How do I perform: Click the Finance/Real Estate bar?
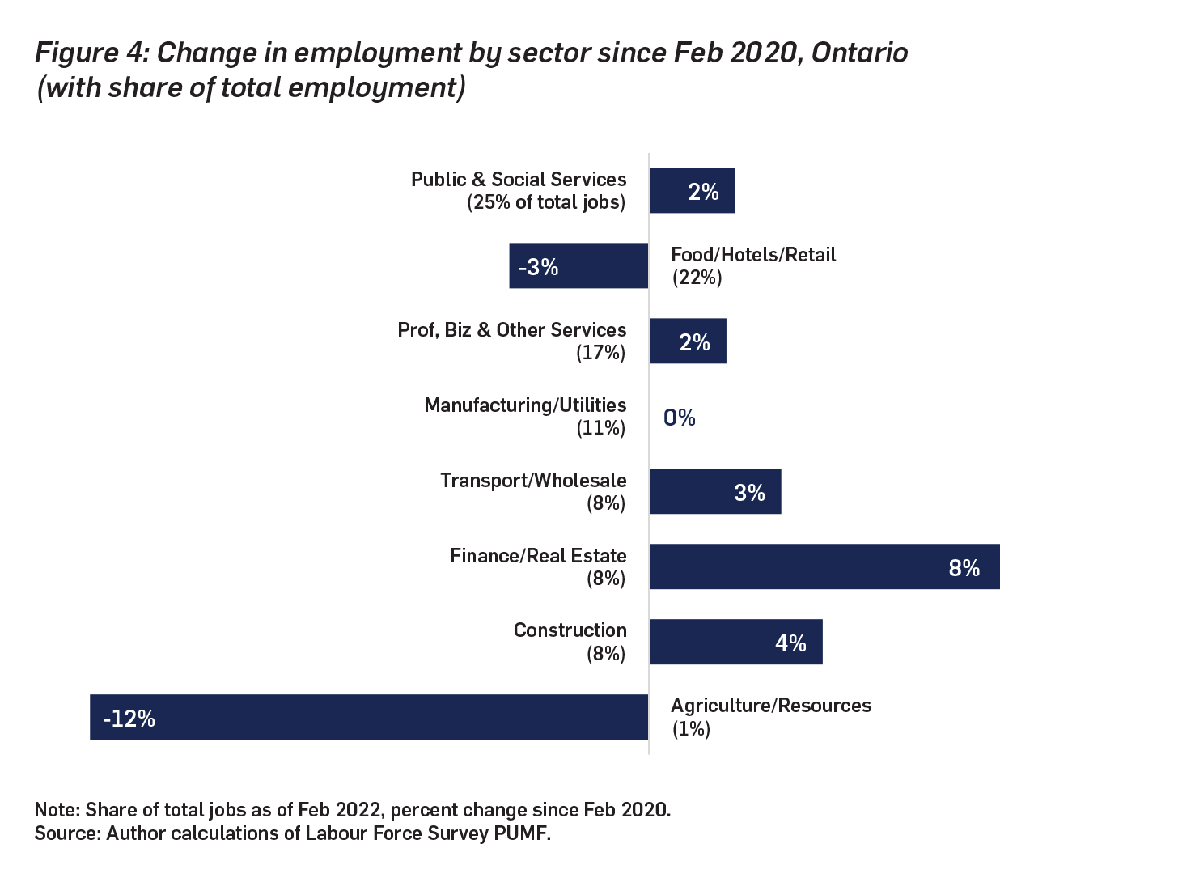pyautogui.click(x=824, y=566)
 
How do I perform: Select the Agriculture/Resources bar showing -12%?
pyautogui.click(x=369, y=717)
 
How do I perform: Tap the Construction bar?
pyautogui.click(x=735, y=642)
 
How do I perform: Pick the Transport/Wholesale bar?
pyautogui.click(x=714, y=491)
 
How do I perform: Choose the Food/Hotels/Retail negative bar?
pyautogui.click(x=578, y=265)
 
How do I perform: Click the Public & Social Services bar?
pyautogui.click(x=692, y=191)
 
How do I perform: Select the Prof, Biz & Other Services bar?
pyautogui.click(x=688, y=341)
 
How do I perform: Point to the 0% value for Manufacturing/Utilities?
pyautogui.click(x=679, y=418)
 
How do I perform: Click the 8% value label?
pyautogui.click(x=964, y=568)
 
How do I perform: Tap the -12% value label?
pyautogui.click(x=129, y=719)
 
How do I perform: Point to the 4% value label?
pyautogui.click(x=790, y=643)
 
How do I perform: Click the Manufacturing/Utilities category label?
pyautogui.click(x=525, y=405)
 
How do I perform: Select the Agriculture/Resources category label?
pyautogui.click(x=770, y=706)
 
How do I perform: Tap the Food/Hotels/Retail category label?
pyautogui.click(x=752, y=255)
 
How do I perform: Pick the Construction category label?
pyautogui.click(x=570, y=630)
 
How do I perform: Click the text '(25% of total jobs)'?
pyautogui.click(x=546, y=202)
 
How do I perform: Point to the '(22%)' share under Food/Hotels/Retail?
pyautogui.click(x=697, y=278)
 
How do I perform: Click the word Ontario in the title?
pyautogui.click(x=859, y=53)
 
